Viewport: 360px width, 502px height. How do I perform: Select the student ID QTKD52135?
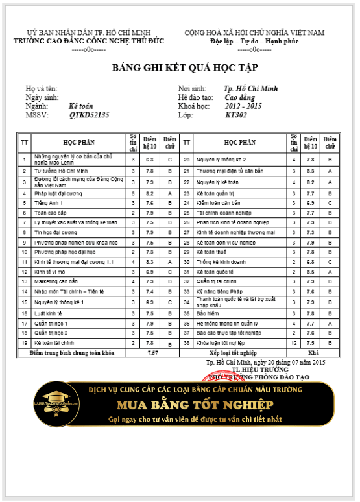pos(90,115)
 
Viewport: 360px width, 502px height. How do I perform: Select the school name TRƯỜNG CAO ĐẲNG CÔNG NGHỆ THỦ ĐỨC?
pos(89,41)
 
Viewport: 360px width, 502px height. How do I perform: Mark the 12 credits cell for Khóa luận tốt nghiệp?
pos(293,342)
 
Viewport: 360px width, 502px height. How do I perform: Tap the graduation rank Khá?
pos(313,352)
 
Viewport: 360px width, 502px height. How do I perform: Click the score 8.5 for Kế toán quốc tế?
pos(310,272)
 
